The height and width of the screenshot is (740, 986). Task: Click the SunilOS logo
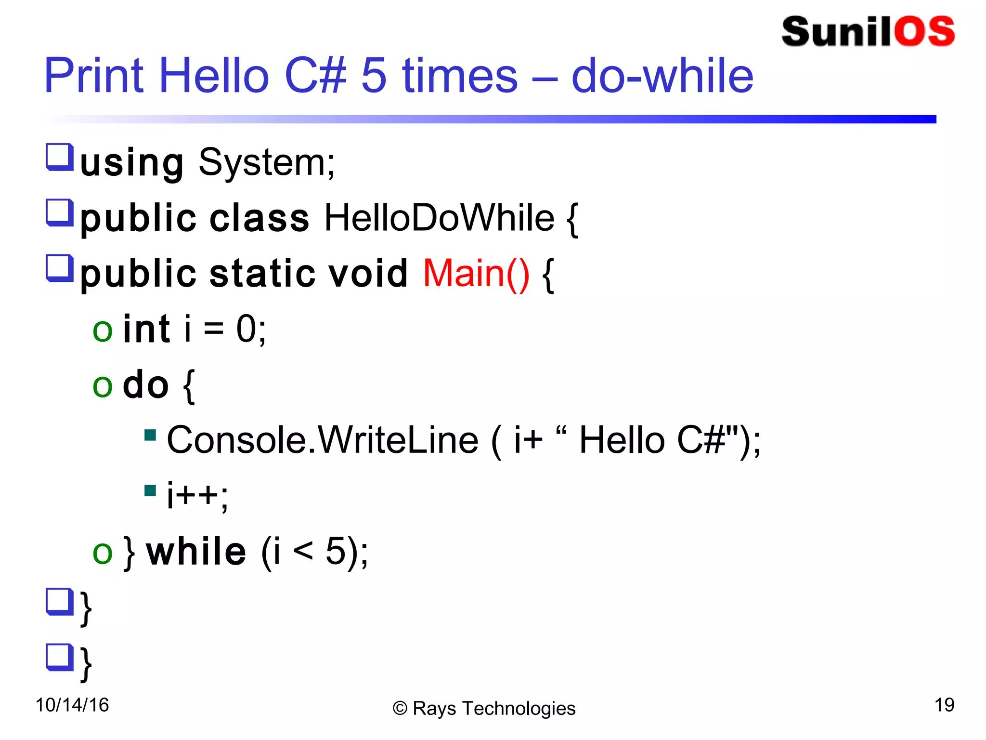[868, 32]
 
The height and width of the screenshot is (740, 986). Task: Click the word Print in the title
[94, 76]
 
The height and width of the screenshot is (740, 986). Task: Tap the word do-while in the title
[662, 76]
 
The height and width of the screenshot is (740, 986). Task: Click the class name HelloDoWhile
[439, 218]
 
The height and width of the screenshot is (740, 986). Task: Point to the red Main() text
[476, 274]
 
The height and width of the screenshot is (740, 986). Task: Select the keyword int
[146, 329]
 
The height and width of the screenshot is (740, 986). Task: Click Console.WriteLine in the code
[323, 440]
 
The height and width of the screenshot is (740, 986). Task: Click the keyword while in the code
[196, 551]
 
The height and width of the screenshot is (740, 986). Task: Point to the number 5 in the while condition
[336, 551]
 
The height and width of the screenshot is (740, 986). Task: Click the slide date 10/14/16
[72, 705]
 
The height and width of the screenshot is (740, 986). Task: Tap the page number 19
[944, 705]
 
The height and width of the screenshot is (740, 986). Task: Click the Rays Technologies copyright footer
[484, 708]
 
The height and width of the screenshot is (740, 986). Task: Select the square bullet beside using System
[60, 157]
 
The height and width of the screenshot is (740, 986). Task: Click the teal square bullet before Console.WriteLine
[150, 436]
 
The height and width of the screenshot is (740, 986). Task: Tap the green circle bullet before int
[103, 331]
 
